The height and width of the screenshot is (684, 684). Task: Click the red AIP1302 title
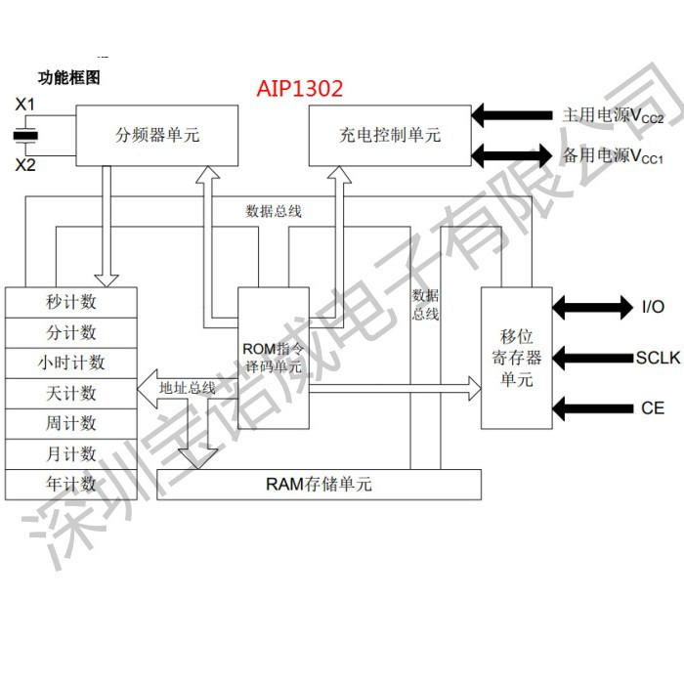[300, 89]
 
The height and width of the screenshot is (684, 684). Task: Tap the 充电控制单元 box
[390, 135]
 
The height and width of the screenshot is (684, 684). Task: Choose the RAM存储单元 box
[319, 484]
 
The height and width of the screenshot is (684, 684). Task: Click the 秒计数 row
[70, 302]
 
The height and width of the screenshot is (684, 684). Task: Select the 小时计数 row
[70, 363]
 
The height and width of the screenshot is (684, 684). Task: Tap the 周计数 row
[70, 423]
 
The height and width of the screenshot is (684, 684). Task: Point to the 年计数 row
[70, 484]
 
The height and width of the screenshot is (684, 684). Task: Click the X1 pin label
[25, 104]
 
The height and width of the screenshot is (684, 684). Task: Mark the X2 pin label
[25, 165]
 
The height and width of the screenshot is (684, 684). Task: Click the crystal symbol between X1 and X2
[26, 135]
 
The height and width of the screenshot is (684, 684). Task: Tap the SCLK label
[657, 358]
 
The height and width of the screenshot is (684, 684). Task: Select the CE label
[653, 407]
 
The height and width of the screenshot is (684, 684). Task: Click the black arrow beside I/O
[592, 307]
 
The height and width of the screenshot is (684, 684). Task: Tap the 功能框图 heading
[68, 77]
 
